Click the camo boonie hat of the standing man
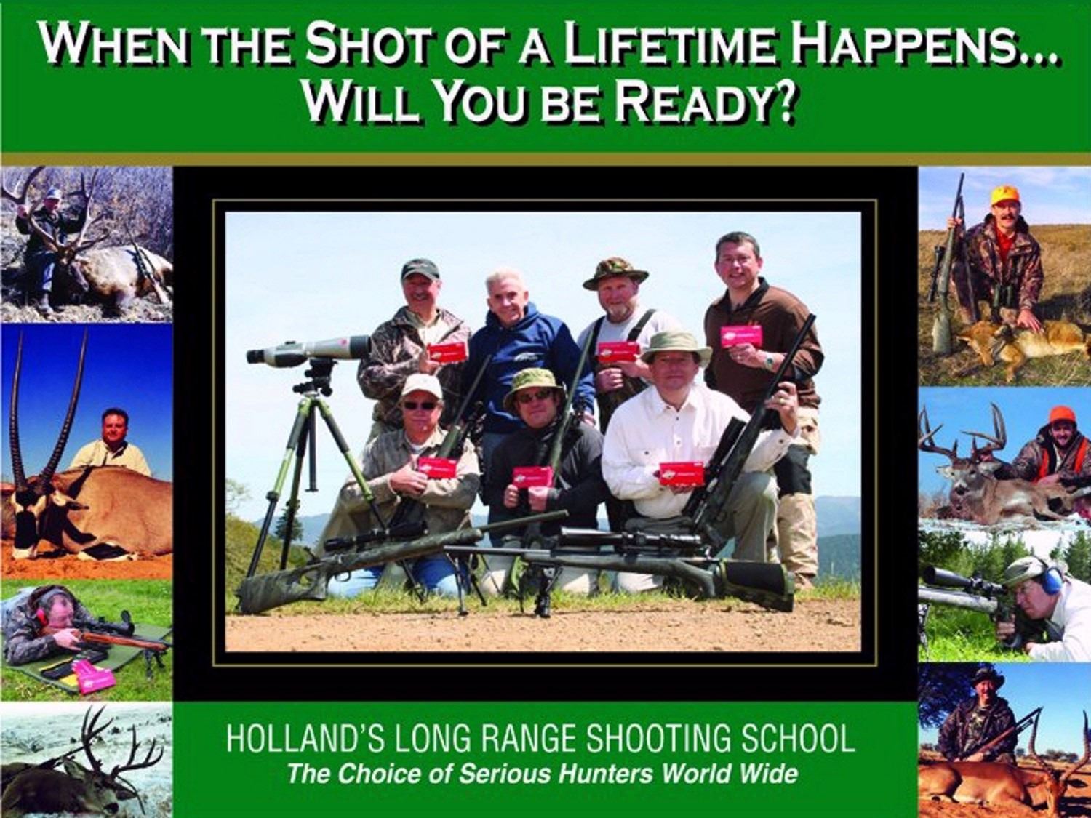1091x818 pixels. (x=615, y=273)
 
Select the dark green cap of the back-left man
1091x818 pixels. (x=420, y=269)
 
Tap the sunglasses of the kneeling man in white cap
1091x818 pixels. (x=420, y=405)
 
